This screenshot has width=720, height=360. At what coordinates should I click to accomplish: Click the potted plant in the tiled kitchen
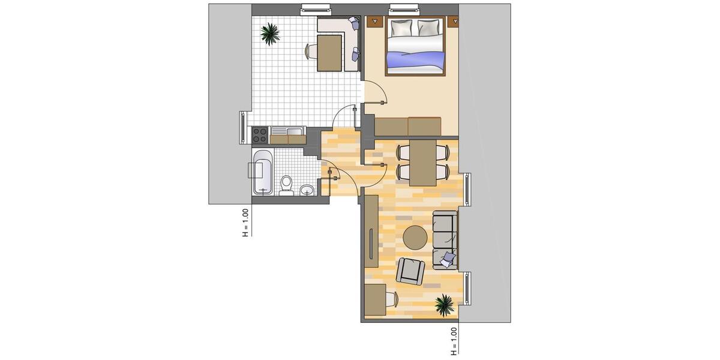270,33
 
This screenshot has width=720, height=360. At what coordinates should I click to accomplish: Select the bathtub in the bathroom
262,172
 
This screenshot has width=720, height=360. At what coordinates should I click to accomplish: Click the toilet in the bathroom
286,185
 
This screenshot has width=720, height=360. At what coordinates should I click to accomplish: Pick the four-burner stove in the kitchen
260,135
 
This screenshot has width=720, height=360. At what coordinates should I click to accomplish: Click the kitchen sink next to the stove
288,133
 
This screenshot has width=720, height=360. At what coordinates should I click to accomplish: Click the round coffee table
415,238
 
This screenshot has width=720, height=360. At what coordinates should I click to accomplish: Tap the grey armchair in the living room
410,271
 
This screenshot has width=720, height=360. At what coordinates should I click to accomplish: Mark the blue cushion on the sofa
448,259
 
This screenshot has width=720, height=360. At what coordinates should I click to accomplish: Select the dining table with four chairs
422,162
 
